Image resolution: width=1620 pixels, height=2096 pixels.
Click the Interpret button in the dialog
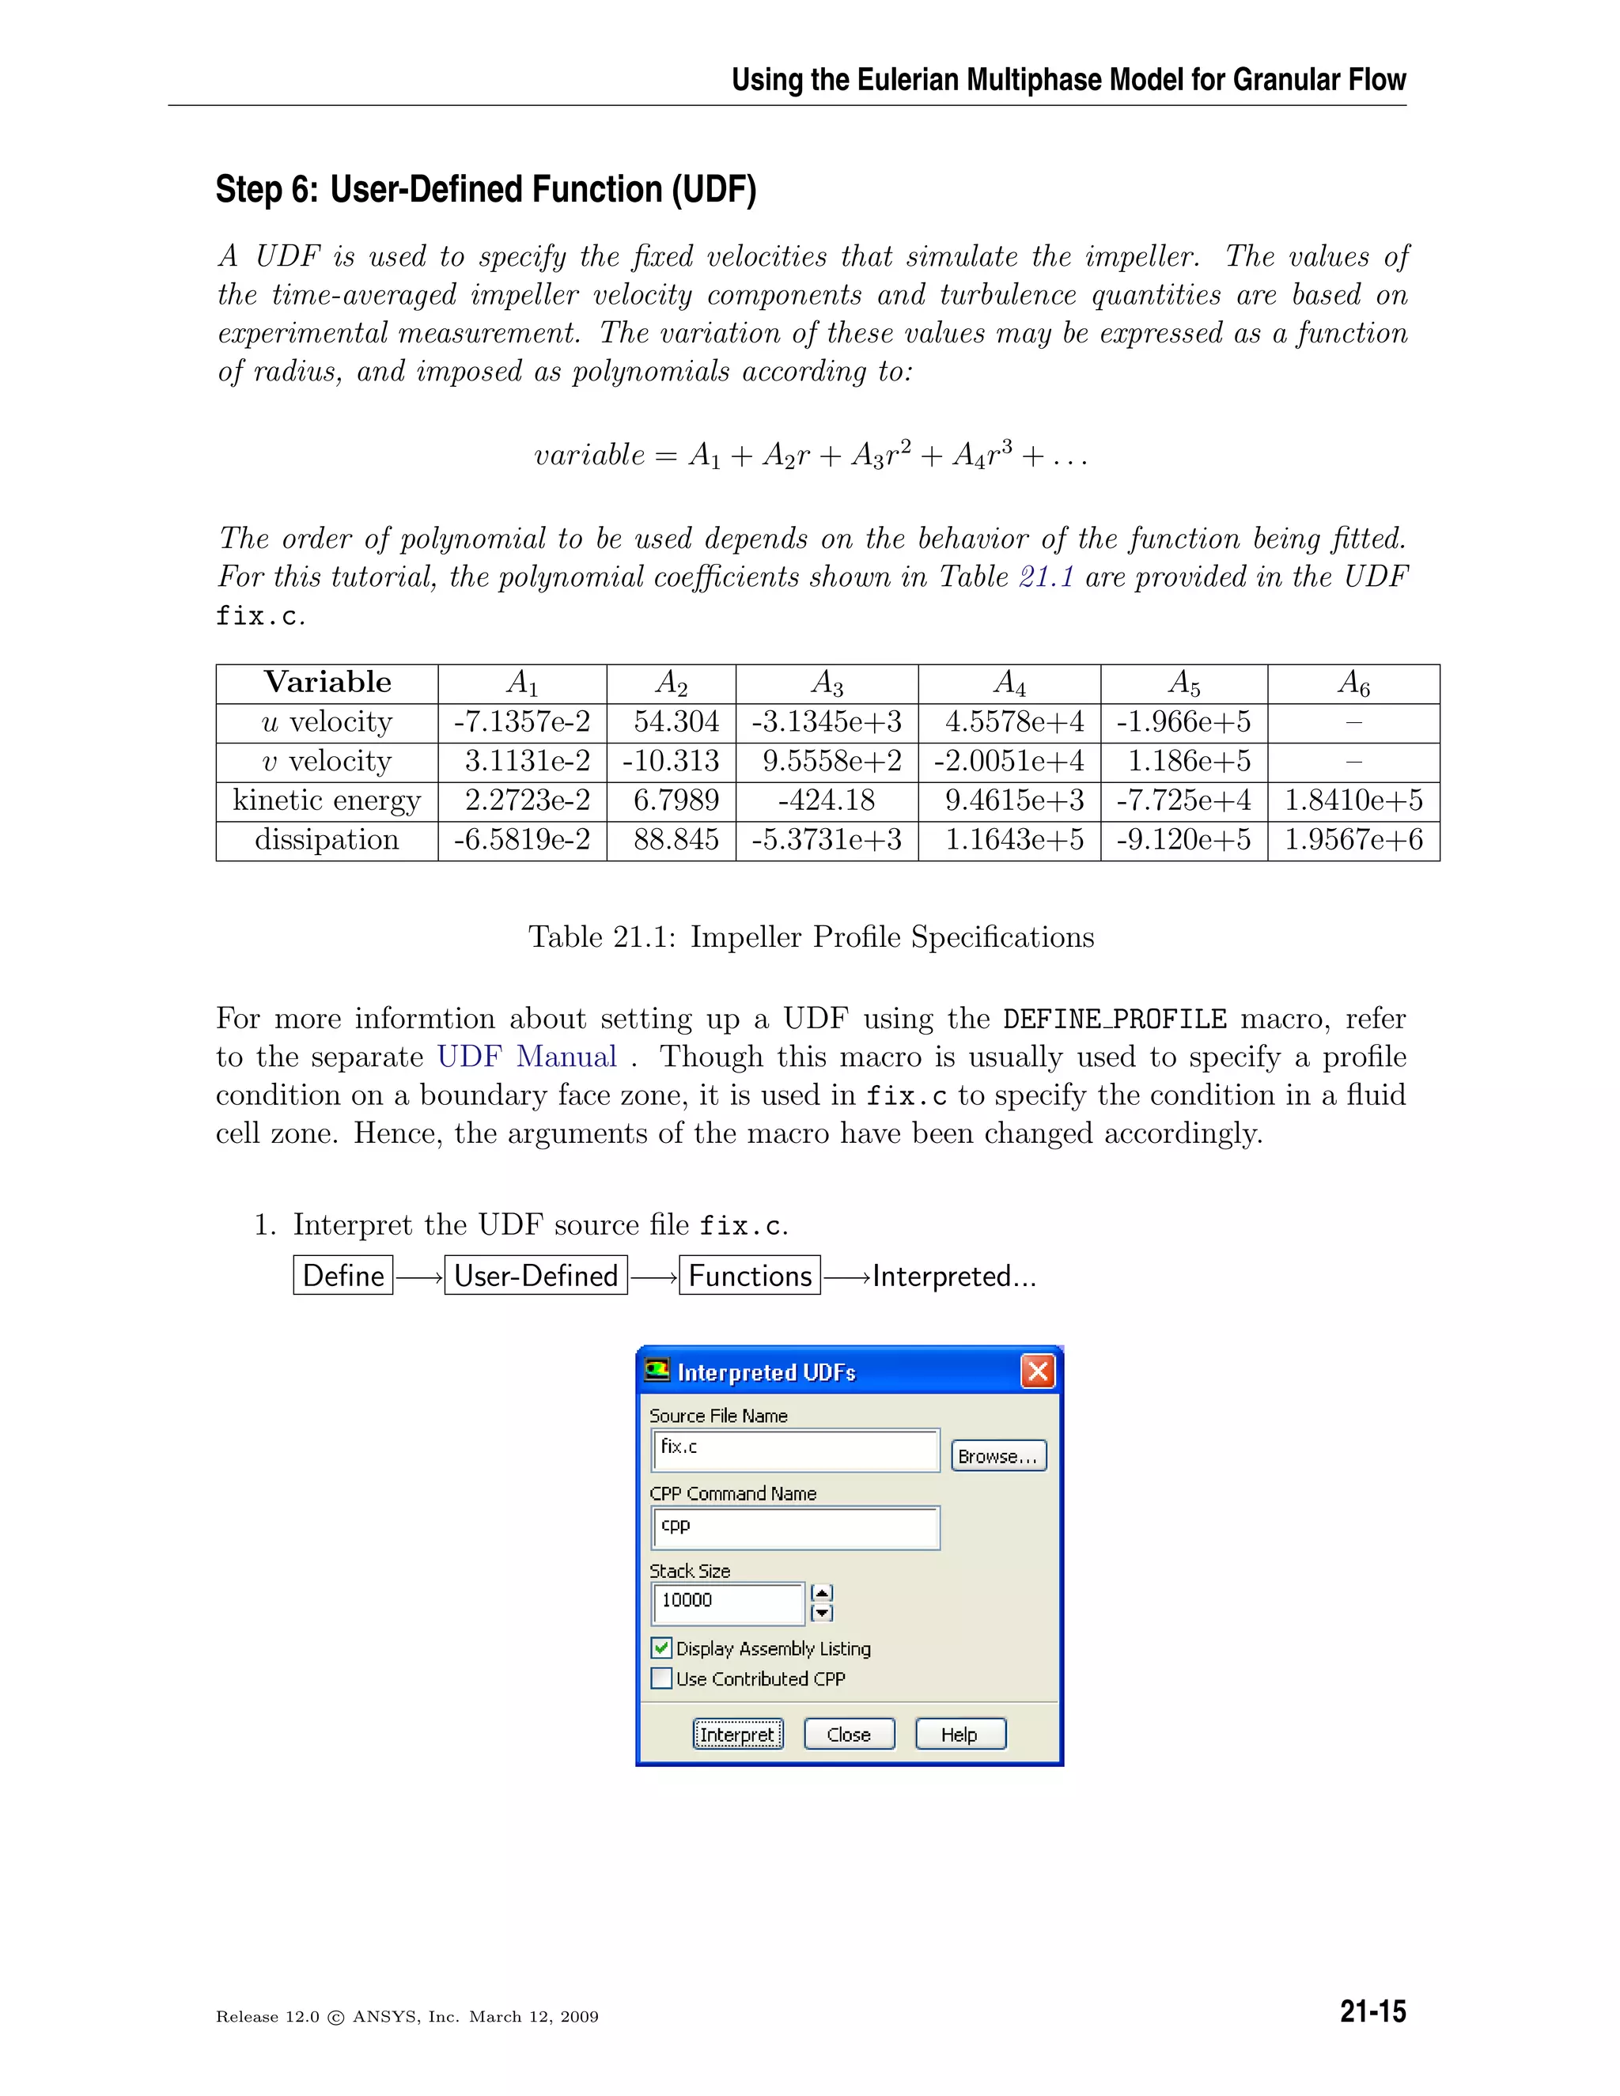[x=737, y=1735]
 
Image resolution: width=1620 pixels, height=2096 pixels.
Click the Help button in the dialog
[x=960, y=1735]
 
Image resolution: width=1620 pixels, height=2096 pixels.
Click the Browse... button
[x=998, y=1456]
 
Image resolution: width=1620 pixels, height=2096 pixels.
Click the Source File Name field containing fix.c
[x=795, y=1449]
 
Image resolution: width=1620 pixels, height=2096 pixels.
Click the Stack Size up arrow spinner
[x=822, y=1593]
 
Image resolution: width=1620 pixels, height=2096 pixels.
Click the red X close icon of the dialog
[x=1038, y=1371]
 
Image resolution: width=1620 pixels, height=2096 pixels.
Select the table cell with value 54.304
[x=676, y=721]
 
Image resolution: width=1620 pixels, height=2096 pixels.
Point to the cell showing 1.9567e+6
[x=1353, y=840]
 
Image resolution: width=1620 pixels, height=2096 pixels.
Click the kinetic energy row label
[x=327, y=800]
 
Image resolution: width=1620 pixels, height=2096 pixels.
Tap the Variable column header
[x=327, y=683]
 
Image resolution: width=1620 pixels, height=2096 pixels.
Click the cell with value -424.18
[x=827, y=800]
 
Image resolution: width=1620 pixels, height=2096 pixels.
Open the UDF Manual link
[x=527, y=1057]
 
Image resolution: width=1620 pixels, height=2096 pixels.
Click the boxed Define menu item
[x=343, y=1276]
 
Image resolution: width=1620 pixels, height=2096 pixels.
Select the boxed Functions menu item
[x=750, y=1276]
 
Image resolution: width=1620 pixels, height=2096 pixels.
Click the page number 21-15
[x=1372, y=2011]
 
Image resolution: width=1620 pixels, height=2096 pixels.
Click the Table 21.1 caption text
[x=811, y=936]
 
